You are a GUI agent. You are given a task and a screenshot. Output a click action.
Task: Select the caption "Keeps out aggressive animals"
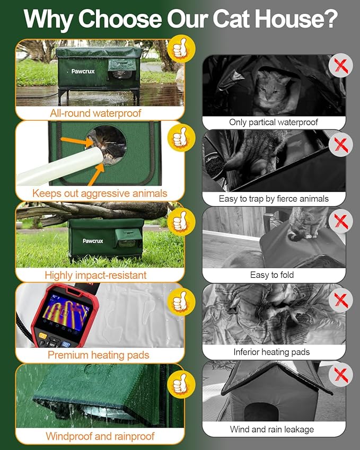click(100, 193)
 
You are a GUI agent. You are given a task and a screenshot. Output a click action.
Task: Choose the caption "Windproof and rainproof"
click(100, 436)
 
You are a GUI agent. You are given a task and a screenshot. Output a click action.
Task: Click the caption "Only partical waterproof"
click(274, 122)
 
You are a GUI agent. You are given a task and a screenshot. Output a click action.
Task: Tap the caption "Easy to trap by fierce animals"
click(274, 199)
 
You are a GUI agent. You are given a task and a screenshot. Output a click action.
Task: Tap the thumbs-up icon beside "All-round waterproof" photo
click(181, 49)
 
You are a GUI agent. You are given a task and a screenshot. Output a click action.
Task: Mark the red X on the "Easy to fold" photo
click(340, 221)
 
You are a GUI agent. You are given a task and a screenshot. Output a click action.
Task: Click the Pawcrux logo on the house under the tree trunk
click(93, 241)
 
